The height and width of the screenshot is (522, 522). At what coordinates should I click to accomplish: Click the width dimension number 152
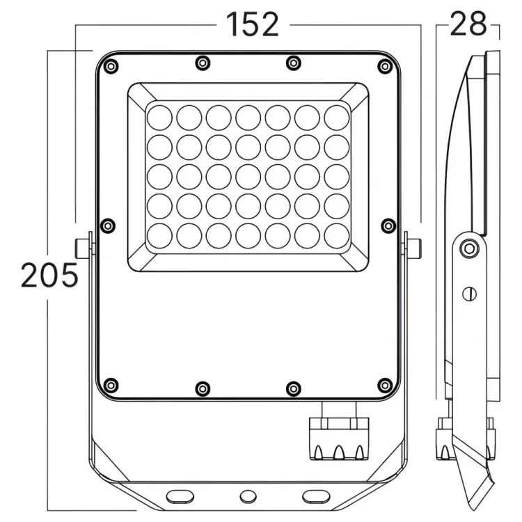pyautogui.click(x=253, y=24)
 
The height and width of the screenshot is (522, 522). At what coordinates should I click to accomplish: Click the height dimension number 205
pyautogui.click(x=49, y=275)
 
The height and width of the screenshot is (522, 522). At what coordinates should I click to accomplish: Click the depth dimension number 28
pyautogui.click(x=468, y=24)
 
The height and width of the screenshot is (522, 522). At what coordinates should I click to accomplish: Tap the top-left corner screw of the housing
pyautogui.click(x=111, y=67)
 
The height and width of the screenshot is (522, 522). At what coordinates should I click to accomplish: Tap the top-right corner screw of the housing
pyautogui.click(x=385, y=67)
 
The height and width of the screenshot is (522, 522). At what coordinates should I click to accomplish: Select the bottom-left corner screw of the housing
pyautogui.click(x=111, y=386)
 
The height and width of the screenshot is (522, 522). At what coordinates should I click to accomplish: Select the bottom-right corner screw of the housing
pyautogui.click(x=385, y=386)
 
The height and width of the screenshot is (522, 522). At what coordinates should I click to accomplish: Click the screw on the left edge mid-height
pyautogui.click(x=107, y=226)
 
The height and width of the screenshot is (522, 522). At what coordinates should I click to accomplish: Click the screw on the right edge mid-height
pyautogui.click(x=388, y=226)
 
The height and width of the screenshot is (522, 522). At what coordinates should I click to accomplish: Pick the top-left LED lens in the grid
pyautogui.click(x=159, y=118)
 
